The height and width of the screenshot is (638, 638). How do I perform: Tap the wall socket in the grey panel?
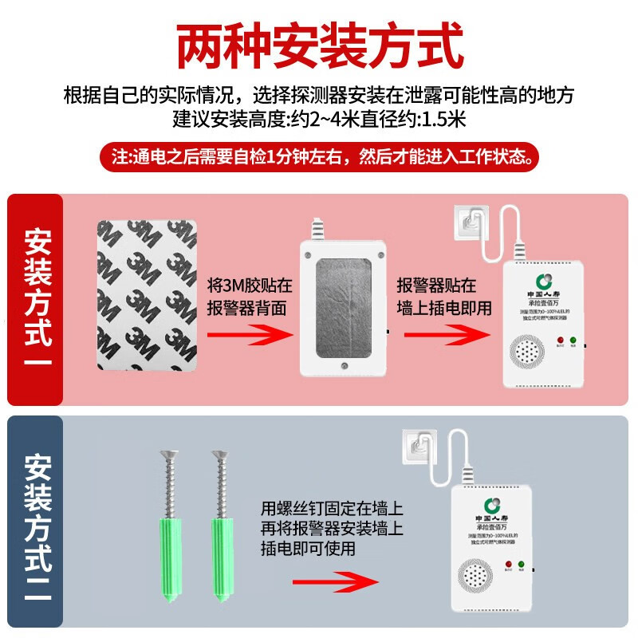[416, 448]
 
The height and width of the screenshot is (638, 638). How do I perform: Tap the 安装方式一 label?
[37, 300]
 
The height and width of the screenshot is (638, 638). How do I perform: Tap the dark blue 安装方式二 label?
[37, 522]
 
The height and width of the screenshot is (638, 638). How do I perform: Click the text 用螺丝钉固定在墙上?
[332, 507]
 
